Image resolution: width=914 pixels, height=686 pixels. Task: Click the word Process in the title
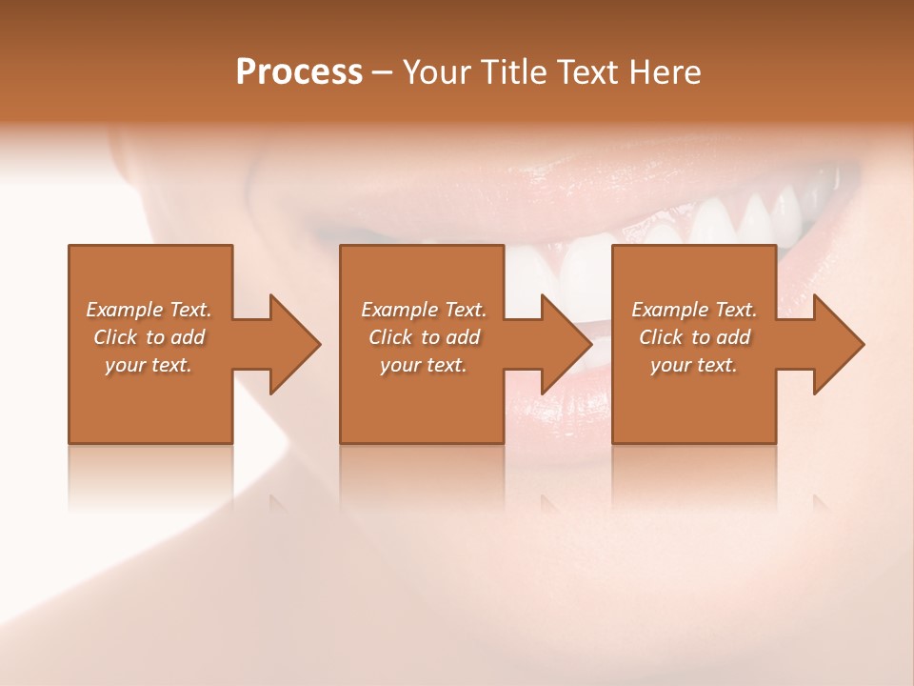click(x=299, y=72)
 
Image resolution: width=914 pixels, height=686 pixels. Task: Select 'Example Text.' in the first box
click(x=149, y=310)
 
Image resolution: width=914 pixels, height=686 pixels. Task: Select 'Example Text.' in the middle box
click(x=424, y=310)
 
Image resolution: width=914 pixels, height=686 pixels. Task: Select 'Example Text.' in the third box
click(x=694, y=310)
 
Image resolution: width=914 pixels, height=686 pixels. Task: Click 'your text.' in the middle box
click(x=423, y=365)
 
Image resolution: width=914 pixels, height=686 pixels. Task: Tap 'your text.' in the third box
click(x=693, y=365)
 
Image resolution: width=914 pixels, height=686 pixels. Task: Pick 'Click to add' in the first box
click(x=149, y=337)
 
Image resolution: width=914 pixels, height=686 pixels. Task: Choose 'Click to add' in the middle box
click(x=424, y=337)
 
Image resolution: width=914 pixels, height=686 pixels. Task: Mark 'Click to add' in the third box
click(x=694, y=337)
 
